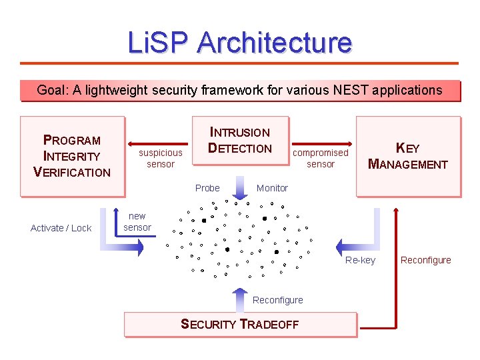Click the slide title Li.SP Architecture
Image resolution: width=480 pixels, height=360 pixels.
[240, 43]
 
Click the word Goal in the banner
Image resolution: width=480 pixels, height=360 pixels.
[51, 90]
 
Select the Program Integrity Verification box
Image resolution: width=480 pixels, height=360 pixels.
[72, 156]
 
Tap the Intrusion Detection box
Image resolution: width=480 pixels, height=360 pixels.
[240, 141]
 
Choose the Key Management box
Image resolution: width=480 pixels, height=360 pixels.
[408, 156]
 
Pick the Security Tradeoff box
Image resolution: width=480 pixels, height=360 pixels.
[240, 325]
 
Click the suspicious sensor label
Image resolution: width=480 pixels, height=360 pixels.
[160, 158]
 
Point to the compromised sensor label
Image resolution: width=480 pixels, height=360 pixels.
[321, 158]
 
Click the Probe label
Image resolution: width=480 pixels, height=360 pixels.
[207, 188]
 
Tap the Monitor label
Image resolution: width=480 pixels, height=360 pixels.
[272, 188]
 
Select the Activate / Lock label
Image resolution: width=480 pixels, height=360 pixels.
[61, 228]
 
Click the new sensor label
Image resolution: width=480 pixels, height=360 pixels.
[137, 221]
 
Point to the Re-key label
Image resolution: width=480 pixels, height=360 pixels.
[360, 260]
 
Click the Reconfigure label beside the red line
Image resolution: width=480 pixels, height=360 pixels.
[425, 260]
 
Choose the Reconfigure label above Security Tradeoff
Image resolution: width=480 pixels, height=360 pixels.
[277, 300]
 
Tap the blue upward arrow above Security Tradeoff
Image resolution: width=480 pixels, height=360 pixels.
[239, 300]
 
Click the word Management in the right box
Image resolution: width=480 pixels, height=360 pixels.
[408, 164]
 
